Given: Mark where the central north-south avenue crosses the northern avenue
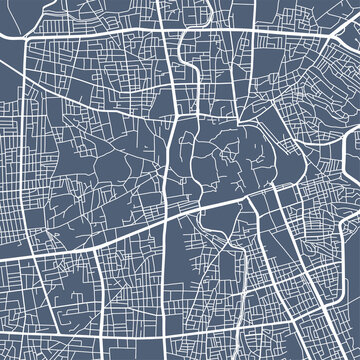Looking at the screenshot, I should tap(177, 38).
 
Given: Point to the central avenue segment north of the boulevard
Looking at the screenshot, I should tap(172, 150).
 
